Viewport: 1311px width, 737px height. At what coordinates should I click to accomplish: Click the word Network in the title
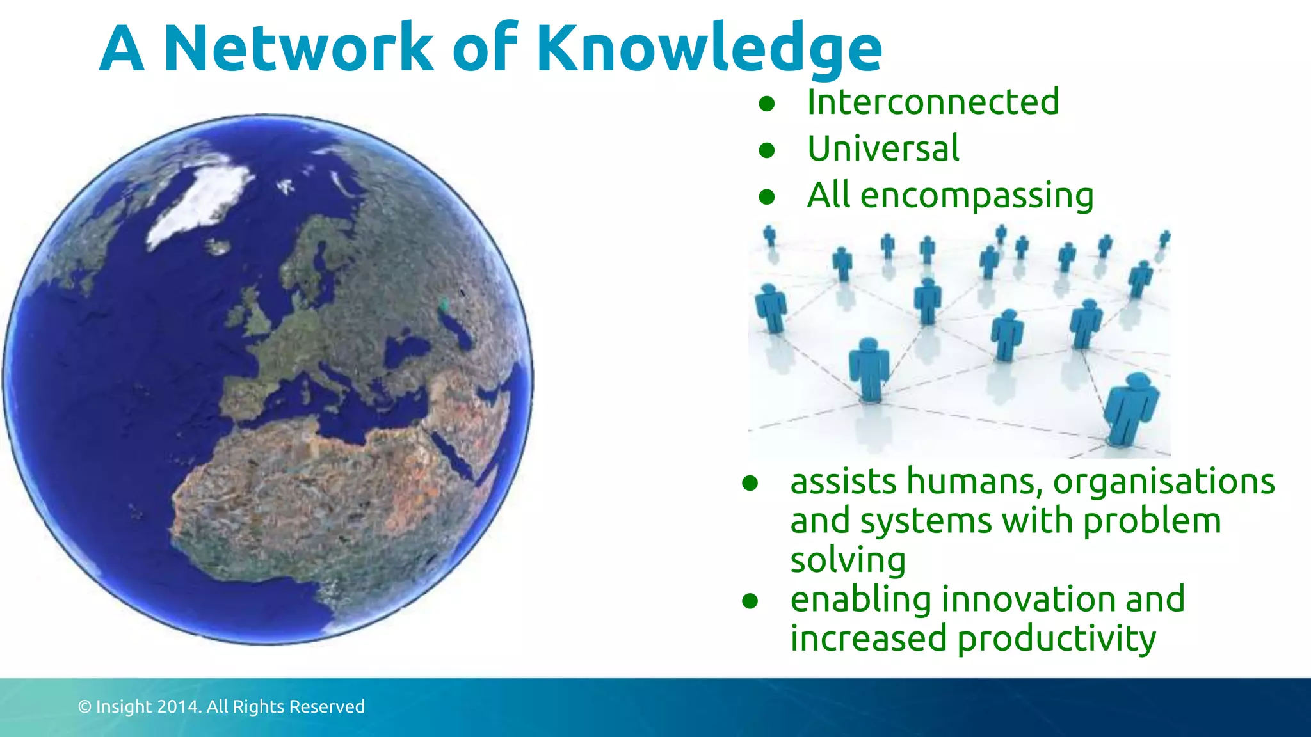click(x=298, y=48)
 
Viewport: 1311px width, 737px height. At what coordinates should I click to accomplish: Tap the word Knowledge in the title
click(x=709, y=48)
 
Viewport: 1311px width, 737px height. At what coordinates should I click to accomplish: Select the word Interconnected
click(x=933, y=102)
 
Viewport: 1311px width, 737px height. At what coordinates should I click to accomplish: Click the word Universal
click(x=883, y=149)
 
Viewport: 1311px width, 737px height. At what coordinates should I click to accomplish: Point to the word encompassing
click(x=977, y=196)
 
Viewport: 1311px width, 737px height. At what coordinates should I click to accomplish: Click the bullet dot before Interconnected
click(x=767, y=104)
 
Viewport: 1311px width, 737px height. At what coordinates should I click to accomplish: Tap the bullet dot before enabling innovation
click(x=750, y=601)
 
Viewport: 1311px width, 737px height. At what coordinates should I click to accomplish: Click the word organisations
click(x=1164, y=481)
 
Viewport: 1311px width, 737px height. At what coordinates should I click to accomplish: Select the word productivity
click(x=1057, y=638)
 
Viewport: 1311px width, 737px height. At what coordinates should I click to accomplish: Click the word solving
click(x=848, y=560)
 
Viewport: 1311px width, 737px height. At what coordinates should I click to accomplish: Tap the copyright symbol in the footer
click(x=84, y=707)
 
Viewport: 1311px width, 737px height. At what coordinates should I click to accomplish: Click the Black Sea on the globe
click(x=406, y=349)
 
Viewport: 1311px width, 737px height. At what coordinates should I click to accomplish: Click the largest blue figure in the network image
click(x=1132, y=409)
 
